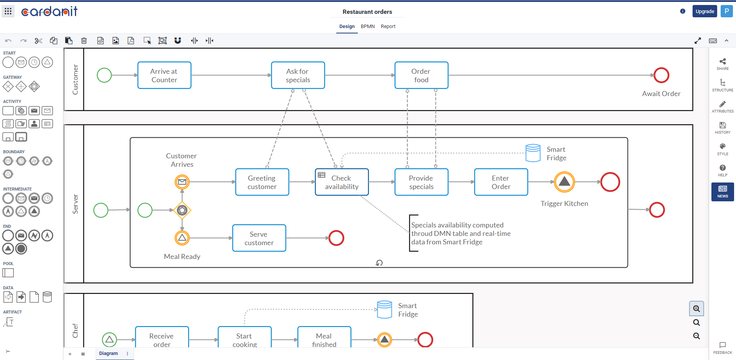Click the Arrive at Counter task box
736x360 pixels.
[x=164, y=75]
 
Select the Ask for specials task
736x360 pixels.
[x=298, y=75]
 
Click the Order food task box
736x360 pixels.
[x=421, y=75]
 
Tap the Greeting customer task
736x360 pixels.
[x=262, y=182]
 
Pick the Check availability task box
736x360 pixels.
[x=342, y=182]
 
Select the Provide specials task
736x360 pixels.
[x=421, y=182]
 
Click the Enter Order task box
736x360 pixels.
[x=501, y=182]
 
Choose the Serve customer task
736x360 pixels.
[x=259, y=238]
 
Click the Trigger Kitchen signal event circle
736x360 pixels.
[x=564, y=182]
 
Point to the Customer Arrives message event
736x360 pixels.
[x=182, y=182]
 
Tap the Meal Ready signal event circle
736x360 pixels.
[x=182, y=238]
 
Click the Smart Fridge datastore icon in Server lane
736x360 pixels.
[x=533, y=153]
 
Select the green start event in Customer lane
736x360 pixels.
[x=104, y=75]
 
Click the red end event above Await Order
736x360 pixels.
[x=661, y=75]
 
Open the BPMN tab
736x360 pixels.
[x=367, y=27]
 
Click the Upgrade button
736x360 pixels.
[x=704, y=12]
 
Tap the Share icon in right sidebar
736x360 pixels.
[x=723, y=63]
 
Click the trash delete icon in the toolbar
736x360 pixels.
[x=84, y=41]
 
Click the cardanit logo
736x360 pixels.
[x=49, y=12]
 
